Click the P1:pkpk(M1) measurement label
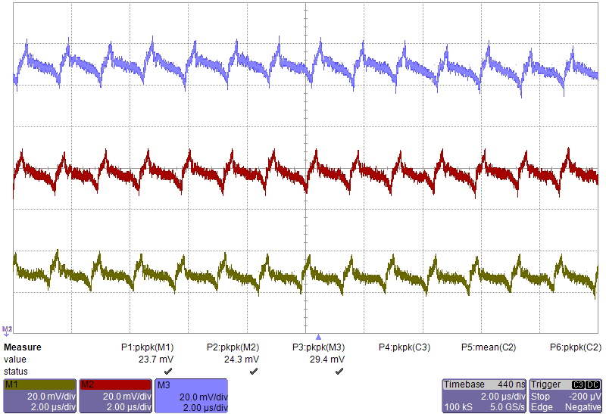coord(148,347)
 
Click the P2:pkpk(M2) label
coord(233,347)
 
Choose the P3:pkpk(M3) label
coord(319,347)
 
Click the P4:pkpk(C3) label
coord(405,347)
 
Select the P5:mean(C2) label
coord(489,347)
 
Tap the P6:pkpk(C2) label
coord(576,347)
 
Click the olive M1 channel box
coord(39,396)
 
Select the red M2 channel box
coord(115,396)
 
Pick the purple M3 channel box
coord(192,396)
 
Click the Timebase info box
coord(483,396)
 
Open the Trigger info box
coord(566,396)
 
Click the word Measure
coord(23,347)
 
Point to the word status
coord(17,372)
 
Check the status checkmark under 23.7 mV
coord(168,372)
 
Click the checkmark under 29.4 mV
coord(339,372)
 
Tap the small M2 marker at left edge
coord(7,330)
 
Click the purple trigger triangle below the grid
coord(319,337)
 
